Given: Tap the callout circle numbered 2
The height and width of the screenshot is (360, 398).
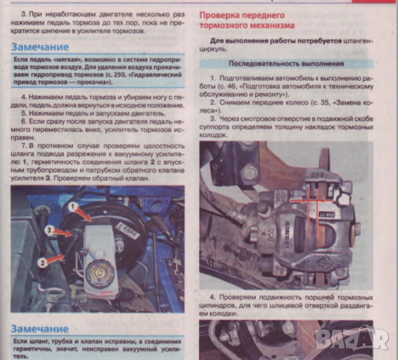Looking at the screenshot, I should click(x=43, y=261).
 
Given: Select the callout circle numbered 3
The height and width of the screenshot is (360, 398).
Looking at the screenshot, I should click(x=47, y=230).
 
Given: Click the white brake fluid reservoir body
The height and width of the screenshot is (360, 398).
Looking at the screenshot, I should click(x=98, y=255).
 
